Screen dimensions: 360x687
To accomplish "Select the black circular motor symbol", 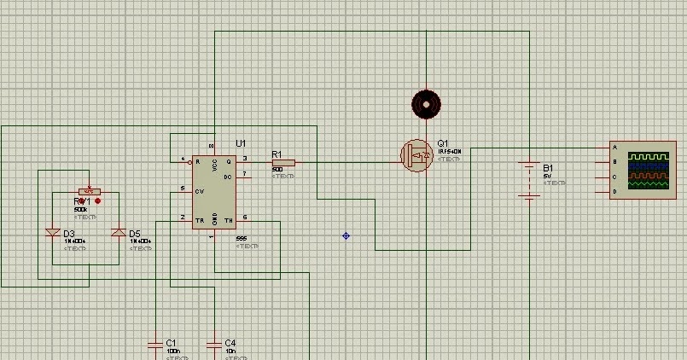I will [426, 103].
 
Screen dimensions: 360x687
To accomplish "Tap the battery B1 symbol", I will [530, 180].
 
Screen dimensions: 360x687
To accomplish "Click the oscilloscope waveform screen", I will [649, 170].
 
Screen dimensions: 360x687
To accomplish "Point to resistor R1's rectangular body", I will [284, 162].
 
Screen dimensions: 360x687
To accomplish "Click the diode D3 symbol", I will [53, 233].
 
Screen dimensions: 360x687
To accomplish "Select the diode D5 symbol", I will [119, 233].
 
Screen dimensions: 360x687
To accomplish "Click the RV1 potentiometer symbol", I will [86, 191].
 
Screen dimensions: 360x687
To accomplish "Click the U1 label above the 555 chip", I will [241, 142].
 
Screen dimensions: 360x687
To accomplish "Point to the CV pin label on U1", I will [200, 191].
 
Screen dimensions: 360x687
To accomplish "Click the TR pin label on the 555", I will [200, 219].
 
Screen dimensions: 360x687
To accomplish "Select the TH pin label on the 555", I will [228, 219].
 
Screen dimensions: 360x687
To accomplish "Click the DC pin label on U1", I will [228, 177].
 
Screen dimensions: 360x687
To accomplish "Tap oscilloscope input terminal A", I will [614, 148].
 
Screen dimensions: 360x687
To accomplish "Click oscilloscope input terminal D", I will [614, 192].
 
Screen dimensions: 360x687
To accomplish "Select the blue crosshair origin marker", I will [346, 235].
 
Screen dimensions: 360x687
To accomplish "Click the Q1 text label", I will [442, 143].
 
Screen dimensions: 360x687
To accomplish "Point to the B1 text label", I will [548, 167].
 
